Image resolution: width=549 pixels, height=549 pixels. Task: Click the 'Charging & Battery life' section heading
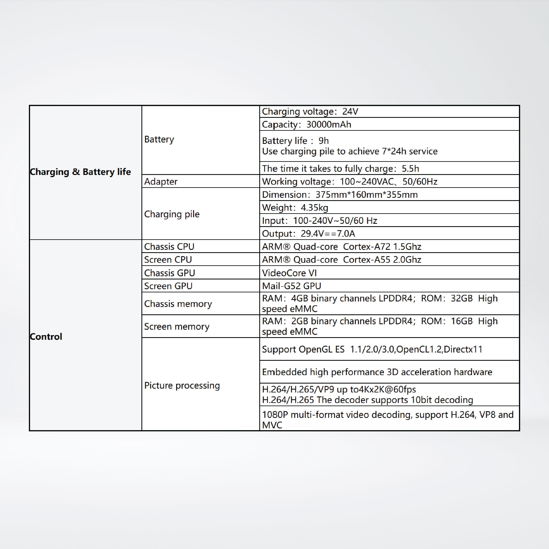click(81, 172)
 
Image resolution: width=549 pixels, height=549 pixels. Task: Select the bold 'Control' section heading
click(46, 337)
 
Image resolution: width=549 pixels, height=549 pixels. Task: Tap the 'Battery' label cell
click(159, 140)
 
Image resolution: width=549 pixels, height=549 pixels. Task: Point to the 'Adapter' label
click(161, 182)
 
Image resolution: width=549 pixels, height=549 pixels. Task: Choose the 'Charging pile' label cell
click(172, 214)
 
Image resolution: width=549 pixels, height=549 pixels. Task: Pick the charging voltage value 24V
click(350, 111)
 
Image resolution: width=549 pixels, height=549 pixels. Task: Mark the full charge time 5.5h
click(410, 168)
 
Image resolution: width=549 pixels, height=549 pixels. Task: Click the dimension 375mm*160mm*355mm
click(367, 195)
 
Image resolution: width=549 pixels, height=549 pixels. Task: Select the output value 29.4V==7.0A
click(328, 234)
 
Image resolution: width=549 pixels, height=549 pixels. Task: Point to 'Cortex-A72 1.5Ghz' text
click(382, 247)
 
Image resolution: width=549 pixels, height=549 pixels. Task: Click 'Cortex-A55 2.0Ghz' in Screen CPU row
click(382, 260)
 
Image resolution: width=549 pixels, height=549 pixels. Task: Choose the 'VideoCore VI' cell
click(289, 273)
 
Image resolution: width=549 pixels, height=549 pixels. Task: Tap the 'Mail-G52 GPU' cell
click(292, 286)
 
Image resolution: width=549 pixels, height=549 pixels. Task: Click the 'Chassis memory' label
click(178, 304)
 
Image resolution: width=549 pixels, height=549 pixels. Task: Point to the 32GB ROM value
click(462, 298)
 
